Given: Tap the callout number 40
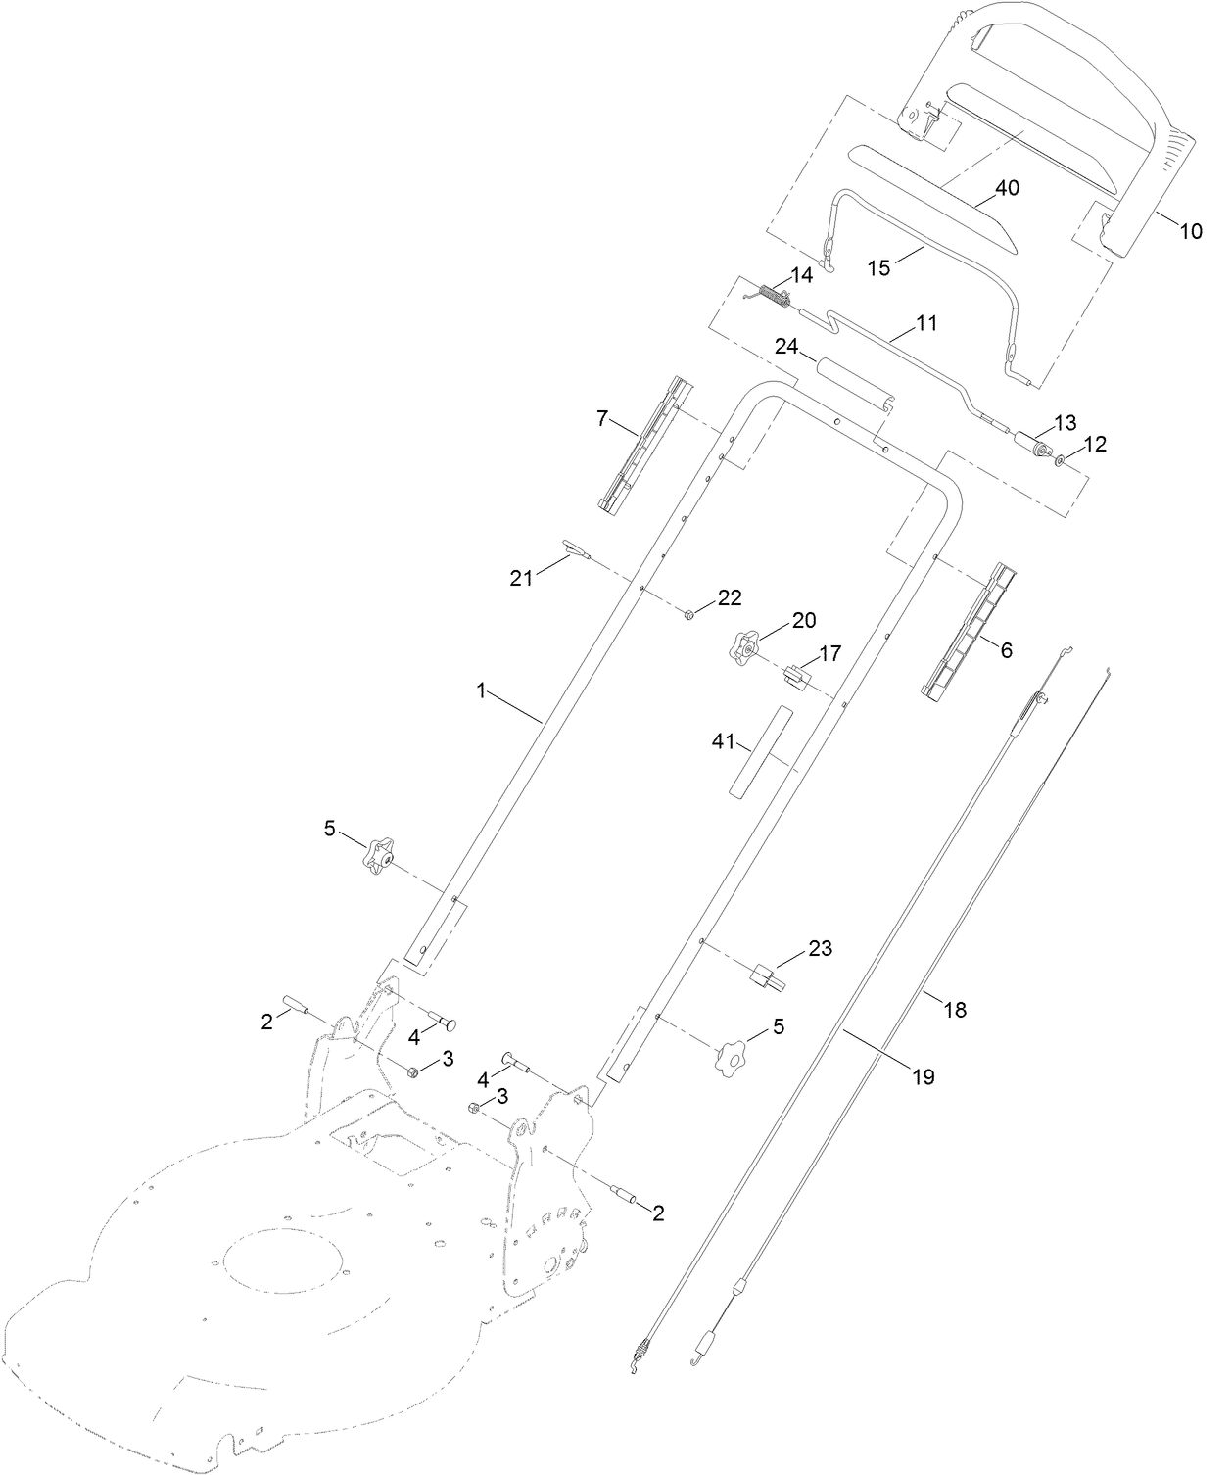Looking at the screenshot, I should coord(1007,188).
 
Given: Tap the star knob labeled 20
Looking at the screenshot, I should coord(746,645).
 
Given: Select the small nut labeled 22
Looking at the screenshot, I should coord(689,614).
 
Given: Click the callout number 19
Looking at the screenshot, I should coord(924,1076).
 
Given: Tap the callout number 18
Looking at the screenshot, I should coord(954,1009).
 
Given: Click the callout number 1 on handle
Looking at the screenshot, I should coord(481,690).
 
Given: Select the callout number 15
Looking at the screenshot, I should coord(878,267).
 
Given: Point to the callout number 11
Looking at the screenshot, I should coord(926,321).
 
